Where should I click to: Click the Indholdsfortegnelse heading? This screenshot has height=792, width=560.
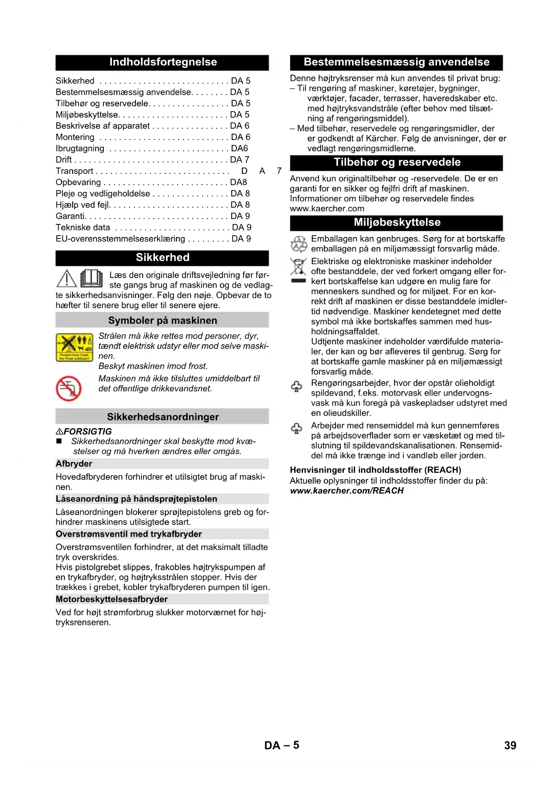[x=162, y=62]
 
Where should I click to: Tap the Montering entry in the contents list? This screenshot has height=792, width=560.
[x=75, y=137]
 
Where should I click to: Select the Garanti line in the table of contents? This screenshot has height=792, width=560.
[x=70, y=216]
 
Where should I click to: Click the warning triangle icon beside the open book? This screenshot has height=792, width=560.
[x=66, y=279]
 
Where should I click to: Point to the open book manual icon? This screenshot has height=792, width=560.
[x=92, y=278]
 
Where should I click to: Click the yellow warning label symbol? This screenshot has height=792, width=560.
[x=74, y=347]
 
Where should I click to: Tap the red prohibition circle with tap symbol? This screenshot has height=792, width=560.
[x=69, y=388]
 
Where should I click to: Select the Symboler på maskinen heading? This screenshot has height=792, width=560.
[x=162, y=321]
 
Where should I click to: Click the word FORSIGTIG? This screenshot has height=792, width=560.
[x=88, y=432]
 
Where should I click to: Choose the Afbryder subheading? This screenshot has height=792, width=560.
[x=74, y=464]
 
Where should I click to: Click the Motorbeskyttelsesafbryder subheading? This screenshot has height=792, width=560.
[x=111, y=599]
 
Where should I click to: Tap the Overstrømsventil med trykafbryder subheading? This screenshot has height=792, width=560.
[x=129, y=534]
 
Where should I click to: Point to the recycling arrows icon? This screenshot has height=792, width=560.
[x=298, y=244]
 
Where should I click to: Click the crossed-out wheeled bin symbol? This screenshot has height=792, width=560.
[x=298, y=267]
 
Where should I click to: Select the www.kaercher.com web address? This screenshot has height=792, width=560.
[x=327, y=209]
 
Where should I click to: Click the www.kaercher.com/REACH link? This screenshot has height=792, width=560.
[x=347, y=491]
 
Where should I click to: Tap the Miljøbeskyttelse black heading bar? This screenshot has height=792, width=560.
[x=396, y=223]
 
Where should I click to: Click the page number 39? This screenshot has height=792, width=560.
[x=510, y=745]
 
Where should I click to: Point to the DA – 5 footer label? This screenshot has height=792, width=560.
[x=282, y=745]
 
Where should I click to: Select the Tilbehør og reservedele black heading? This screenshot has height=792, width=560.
[x=396, y=163]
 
